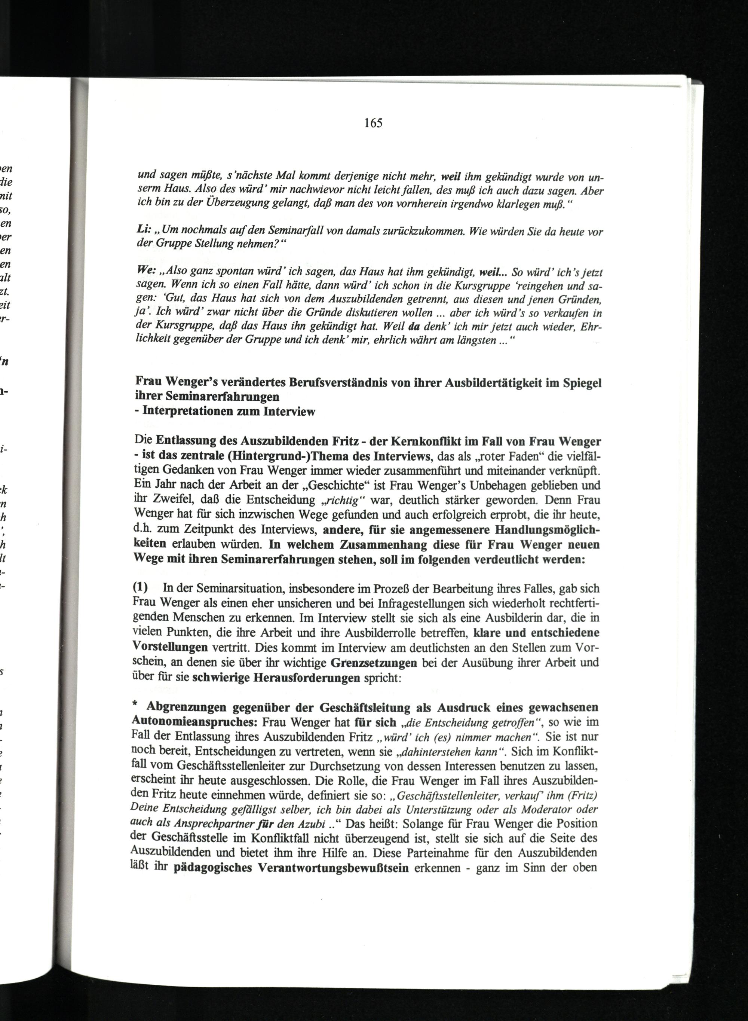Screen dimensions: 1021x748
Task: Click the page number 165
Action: (373, 123)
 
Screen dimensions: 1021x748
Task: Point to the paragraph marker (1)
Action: (141, 588)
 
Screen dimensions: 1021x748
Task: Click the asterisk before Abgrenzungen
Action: (134, 707)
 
